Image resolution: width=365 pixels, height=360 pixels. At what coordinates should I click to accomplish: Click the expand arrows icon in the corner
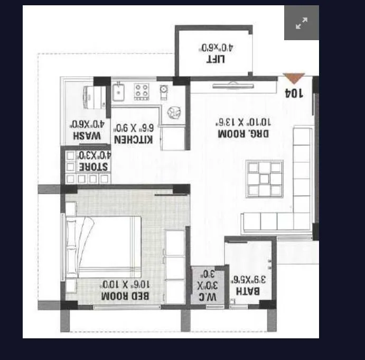coord(302,23)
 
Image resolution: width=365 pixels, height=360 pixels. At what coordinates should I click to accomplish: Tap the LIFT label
coord(216,59)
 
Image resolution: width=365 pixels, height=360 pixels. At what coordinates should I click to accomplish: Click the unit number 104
coord(294,94)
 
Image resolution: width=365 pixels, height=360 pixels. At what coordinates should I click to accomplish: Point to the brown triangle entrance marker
coord(294,79)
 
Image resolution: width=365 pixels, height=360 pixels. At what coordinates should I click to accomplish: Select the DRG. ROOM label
coord(243,134)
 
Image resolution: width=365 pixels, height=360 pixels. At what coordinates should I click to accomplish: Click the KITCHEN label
coord(134,140)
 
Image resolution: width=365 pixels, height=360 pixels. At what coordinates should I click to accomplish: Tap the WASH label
coord(87,136)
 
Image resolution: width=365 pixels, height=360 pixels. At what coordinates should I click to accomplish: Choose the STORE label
coord(93,167)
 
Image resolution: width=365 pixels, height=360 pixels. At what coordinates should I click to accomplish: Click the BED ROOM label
coord(126,296)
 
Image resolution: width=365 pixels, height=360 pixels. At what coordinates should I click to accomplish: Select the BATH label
coord(248,291)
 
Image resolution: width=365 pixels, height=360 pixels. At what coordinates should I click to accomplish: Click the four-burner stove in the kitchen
coord(142,91)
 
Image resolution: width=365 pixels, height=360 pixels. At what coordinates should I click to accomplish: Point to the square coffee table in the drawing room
coord(265,179)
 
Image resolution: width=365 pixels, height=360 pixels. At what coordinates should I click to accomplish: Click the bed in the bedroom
coord(106,245)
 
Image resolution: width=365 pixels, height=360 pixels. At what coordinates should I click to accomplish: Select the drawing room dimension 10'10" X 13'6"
coord(243,121)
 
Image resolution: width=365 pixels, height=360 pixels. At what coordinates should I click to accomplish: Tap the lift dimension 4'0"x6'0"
coord(216,47)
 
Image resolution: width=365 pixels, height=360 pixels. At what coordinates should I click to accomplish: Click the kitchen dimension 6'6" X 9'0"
coord(134,127)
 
